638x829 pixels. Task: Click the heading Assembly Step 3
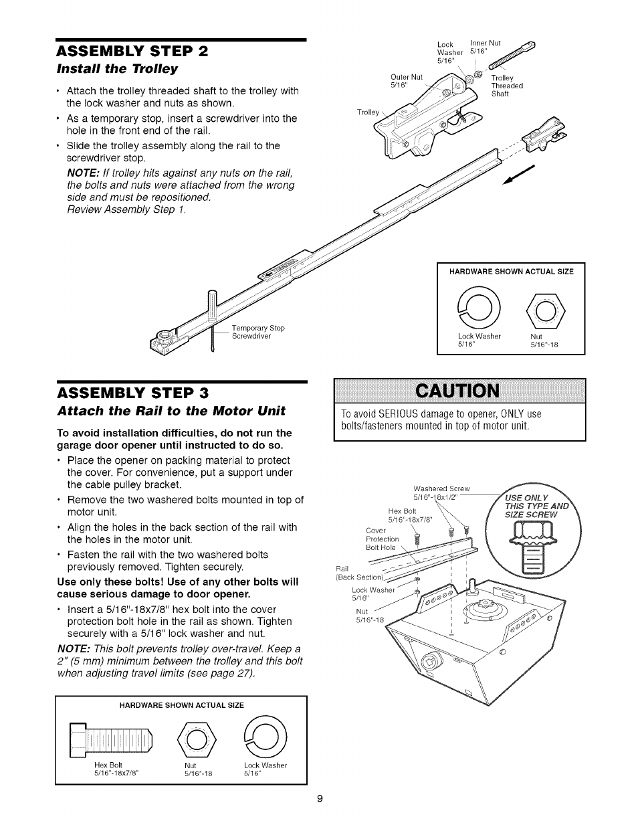[132, 391]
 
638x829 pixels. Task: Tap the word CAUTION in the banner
[459, 391]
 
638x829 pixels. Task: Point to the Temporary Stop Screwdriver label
[257, 332]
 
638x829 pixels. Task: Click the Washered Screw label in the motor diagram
[441, 492]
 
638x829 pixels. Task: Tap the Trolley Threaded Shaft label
[506, 86]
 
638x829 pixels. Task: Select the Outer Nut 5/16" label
[407, 81]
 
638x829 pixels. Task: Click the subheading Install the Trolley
[116, 69]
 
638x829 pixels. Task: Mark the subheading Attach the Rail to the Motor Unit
[171, 410]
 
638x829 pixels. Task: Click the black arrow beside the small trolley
[520, 177]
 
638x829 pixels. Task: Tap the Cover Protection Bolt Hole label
[382, 539]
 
